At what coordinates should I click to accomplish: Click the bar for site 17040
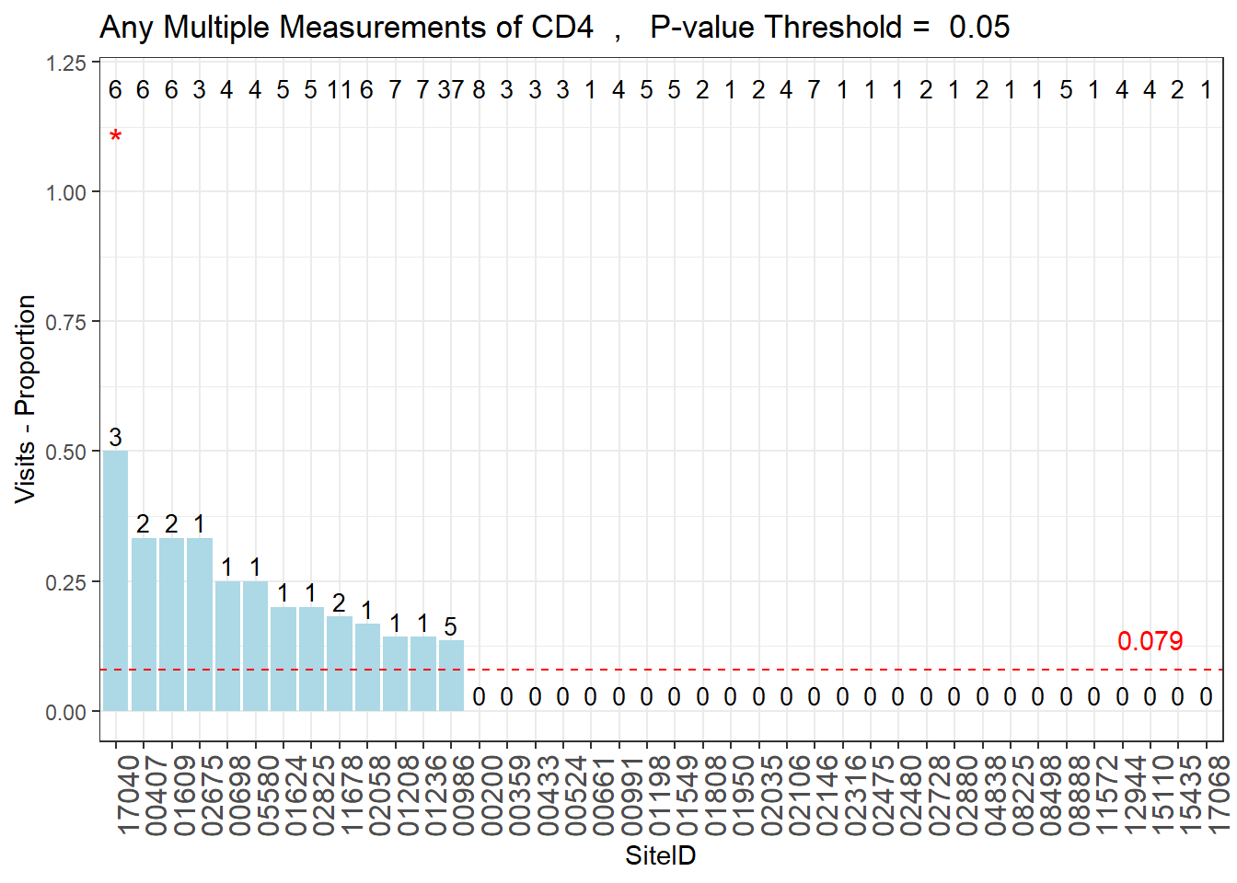(x=115, y=580)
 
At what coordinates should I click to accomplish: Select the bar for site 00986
(x=451, y=675)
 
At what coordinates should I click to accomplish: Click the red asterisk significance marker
(x=115, y=138)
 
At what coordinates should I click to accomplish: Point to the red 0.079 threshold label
(x=1150, y=641)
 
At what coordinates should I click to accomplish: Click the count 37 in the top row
(x=451, y=90)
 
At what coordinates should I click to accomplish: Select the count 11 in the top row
(x=339, y=90)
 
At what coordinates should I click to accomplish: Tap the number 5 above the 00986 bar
(x=451, y=627)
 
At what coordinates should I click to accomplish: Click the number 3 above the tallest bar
(x=115, y=438)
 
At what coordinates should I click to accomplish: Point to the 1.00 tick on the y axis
(x=65, y=192)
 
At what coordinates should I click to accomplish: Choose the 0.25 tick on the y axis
(x=65, y=582)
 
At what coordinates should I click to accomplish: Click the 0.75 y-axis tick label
(x=65, y=322)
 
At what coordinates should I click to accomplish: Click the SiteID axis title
(x=660, y=856)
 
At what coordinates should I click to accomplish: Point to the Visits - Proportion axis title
(x=26, y=398)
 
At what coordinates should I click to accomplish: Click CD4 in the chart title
(x=562, y=28)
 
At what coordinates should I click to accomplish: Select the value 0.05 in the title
(x=979, y=28)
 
